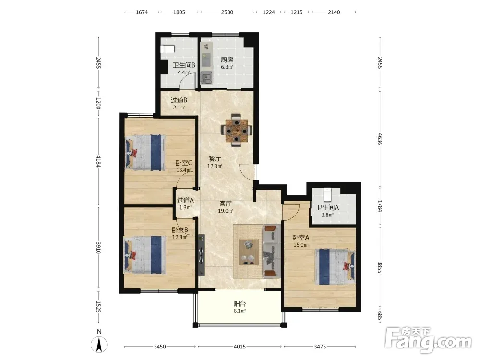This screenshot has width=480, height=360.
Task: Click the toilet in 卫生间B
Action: (x=168, y=49)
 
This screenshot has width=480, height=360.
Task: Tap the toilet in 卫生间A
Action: (x=327, y=194)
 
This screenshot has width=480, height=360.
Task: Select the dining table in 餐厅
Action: (x=236, y=131)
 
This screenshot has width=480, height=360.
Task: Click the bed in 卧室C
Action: (x=145, y=153)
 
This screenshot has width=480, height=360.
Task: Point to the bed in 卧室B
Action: (x=144, y=255)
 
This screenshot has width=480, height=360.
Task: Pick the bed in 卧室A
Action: (x=335, y=266)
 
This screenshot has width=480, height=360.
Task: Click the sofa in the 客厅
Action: (x=272, y=251)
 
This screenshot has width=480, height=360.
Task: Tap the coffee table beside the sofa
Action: (x=249, y=252)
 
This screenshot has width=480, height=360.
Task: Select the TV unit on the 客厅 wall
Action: (x=201, y=255)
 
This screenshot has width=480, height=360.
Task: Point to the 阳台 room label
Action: (x=240, y=304)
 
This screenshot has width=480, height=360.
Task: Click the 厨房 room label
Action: (x=227, y=60)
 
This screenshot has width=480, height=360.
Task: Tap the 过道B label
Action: (x=179, y=100)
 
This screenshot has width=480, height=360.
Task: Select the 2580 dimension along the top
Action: (x=227, y=12)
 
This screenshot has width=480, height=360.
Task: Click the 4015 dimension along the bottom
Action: (x=240, y=347)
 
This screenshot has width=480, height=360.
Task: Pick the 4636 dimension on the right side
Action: (x=380, y=139)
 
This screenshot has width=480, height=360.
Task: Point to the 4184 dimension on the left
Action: (x=98, y=161)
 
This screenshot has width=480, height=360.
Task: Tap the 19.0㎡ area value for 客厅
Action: (x=225, y=211)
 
